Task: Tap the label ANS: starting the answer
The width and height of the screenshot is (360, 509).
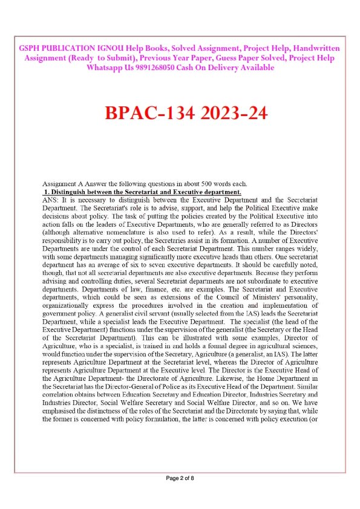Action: click(51, 199)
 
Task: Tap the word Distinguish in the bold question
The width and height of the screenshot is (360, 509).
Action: click(71, 191)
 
